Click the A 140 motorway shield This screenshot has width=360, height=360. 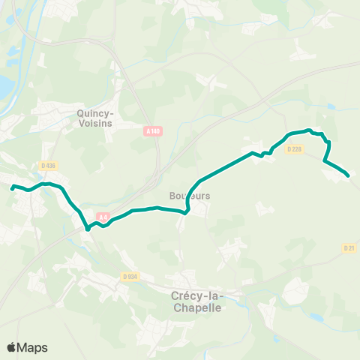(x=152, y=131)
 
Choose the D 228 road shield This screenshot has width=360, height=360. (x=294, y=148)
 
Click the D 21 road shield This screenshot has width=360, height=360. (x=349, y=247)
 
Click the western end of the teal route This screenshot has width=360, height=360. (x=12, y=187)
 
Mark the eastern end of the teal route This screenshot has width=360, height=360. (x=349, y=176)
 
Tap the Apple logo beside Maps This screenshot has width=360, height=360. (x=11, y=347)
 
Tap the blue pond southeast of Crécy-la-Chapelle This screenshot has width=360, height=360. (x=315, y=317)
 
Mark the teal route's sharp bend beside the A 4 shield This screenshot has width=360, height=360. (x=88, y=229)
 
